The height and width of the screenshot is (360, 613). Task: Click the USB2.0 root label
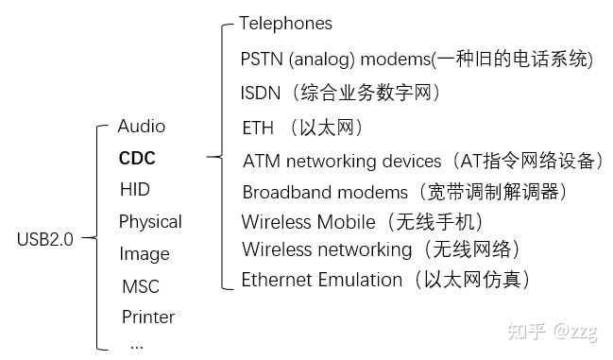click(44, 239)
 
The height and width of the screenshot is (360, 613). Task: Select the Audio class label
click(142, 126)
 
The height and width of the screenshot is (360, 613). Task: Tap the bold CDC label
click(137, 158)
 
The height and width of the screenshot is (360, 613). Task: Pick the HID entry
click(135, 189)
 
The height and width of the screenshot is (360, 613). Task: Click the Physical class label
click(150, 222)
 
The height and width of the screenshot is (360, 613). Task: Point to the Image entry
click(145, 254)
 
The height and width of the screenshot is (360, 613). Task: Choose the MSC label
click(141, 286)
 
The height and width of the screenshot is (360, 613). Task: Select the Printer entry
click(148, 317)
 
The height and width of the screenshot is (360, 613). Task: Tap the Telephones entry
click(285, 23)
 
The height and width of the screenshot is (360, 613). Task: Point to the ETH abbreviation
click(258, 128)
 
